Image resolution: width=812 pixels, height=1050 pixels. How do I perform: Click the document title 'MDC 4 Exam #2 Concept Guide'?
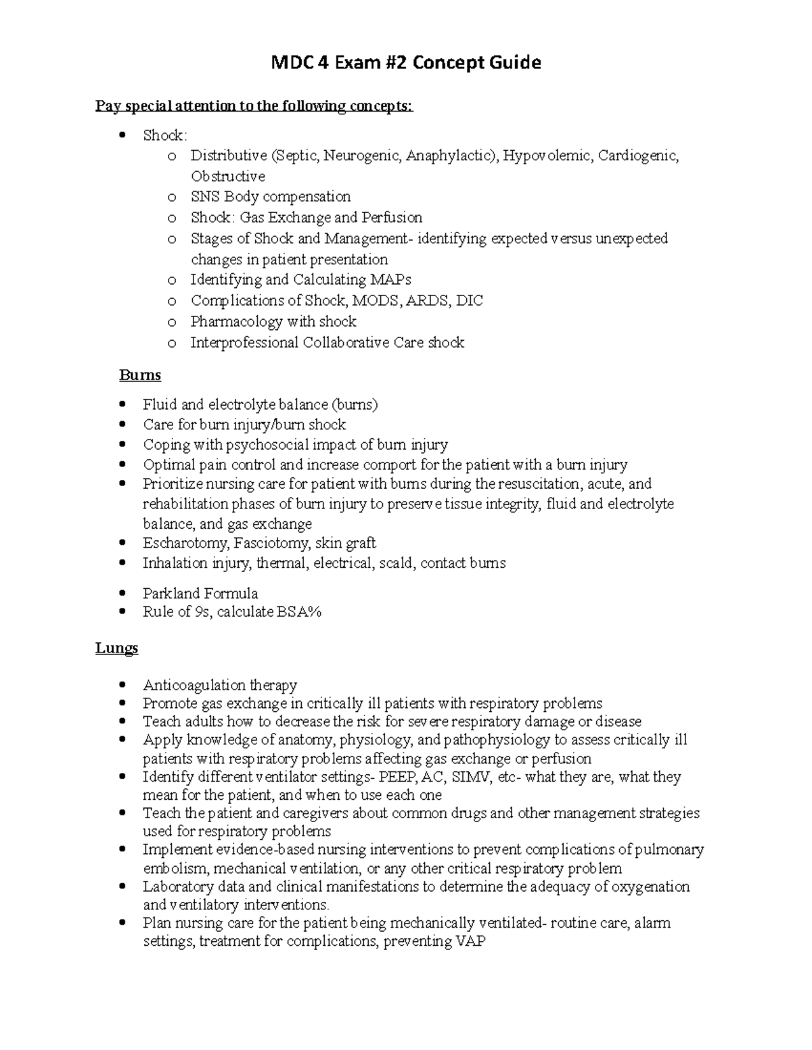(x=406, y=63)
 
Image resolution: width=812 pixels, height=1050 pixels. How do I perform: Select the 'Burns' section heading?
(x=140, y=375)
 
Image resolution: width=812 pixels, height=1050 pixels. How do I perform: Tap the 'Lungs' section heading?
(x=116, y=648)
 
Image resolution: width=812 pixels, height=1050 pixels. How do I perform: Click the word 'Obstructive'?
(x=227, y=176)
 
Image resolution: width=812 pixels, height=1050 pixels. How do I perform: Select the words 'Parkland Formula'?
(x=200, y=594)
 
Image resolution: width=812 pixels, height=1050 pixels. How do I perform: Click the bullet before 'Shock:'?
(x=122, y=135)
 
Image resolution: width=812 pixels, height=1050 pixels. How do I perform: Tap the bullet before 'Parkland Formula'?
(x=122, y=594)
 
